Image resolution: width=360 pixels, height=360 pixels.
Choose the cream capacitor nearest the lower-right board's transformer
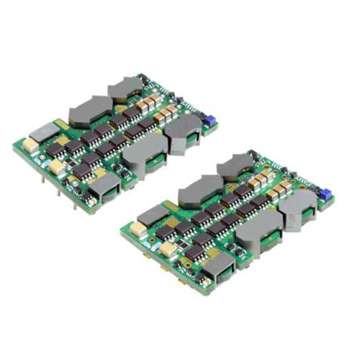coord(168,248)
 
